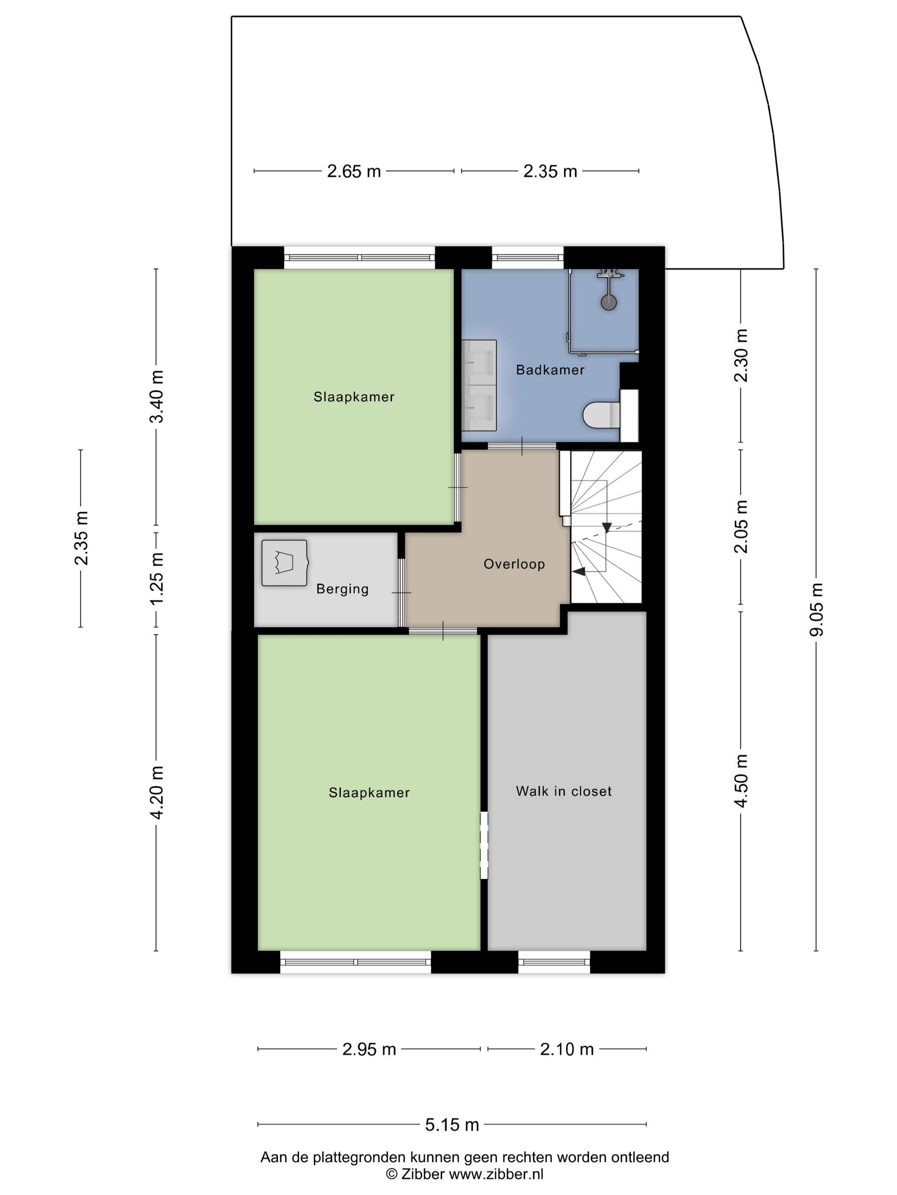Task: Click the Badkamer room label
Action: point(550,370)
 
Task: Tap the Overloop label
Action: point(514,564)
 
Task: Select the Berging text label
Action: point(342,589)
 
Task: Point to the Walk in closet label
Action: point(563,791)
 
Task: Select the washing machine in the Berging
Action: point(284,563)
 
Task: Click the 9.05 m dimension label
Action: point(816,610)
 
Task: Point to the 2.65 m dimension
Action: point(354,171)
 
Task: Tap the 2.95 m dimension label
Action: point(369,1049)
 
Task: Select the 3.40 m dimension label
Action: point(156,396)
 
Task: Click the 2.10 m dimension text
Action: point(567,1049)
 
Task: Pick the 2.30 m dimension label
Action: point(741,356)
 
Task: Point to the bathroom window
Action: point(528,258)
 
